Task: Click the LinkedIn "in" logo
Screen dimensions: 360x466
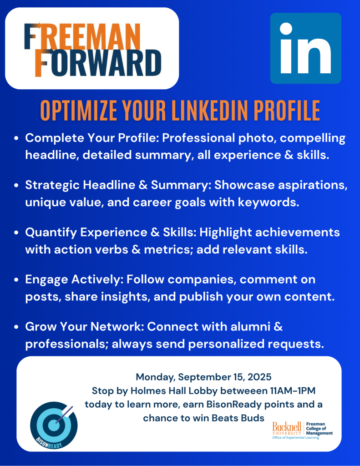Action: [x=305, y=48]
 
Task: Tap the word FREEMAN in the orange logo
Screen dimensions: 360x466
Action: [x=82, y=36]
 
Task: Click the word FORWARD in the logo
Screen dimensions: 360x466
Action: [x=98, y=63]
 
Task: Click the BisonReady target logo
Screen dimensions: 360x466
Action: [x=54, y=425]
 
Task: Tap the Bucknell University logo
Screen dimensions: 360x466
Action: [x=302, y=430]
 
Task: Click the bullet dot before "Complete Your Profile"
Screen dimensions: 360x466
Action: [x=16, y=138]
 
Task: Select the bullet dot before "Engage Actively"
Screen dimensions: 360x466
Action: [x=16, y=280]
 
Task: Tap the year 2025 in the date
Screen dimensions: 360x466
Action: [x=259, y=377]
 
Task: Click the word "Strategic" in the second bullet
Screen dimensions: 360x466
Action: [x=52, y=186]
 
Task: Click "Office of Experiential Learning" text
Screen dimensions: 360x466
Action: [x=295, y=437]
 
